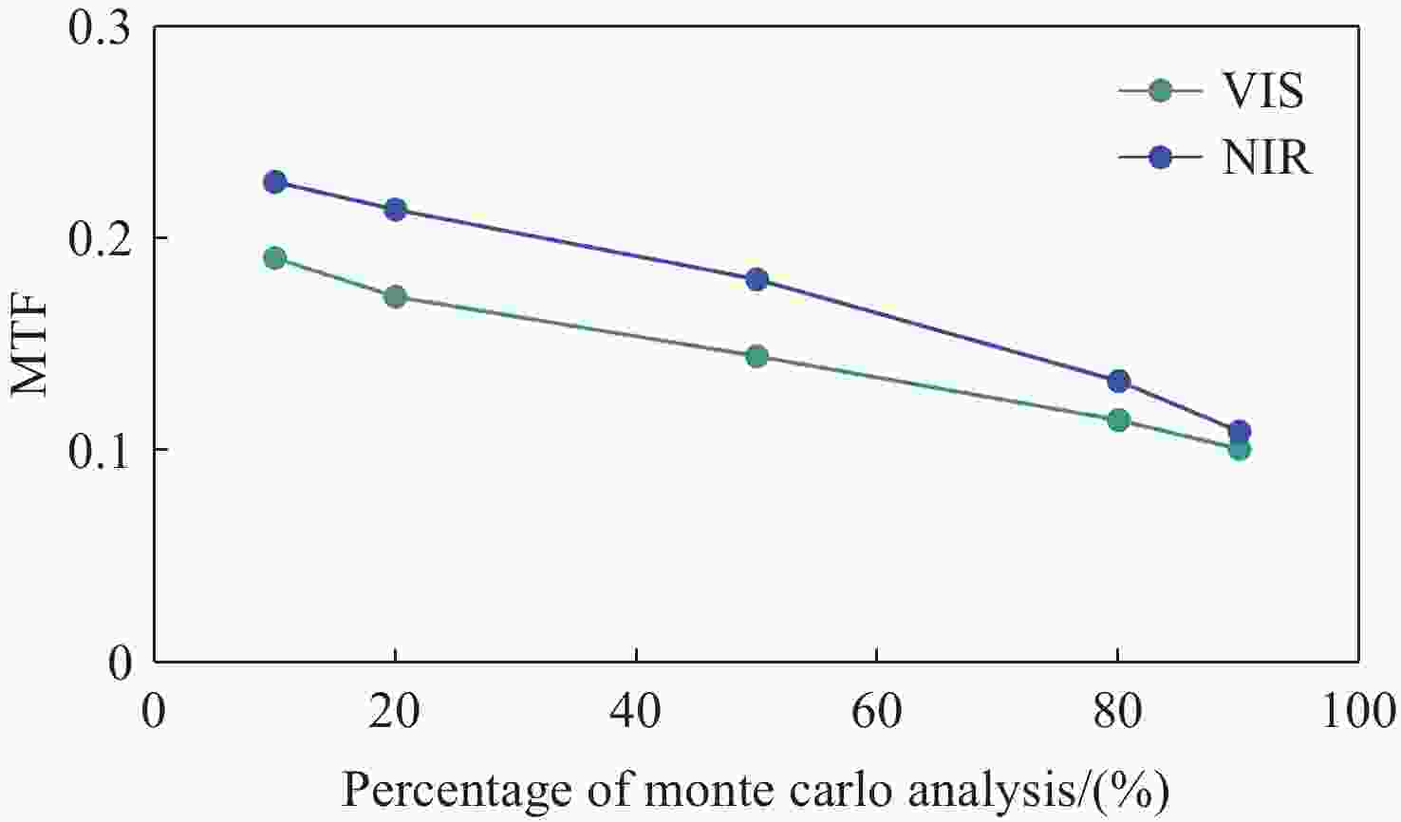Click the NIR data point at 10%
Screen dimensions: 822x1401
click(x=275, y=182)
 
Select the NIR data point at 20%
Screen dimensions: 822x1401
click(x=396, y=210)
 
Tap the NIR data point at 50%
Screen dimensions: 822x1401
click(x=757, y=280)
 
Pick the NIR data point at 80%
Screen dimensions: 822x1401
click(x=1119, y=382)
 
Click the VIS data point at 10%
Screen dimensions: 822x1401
click(x=275, y=258)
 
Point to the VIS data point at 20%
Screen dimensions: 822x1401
click(x=396, y=297)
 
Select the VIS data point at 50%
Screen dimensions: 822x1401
click(x=757, y=357)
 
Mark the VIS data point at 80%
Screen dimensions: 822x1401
click(x=1119, y=420)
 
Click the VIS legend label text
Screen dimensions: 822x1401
click(x=1263, y=92)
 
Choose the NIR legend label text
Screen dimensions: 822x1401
click(x=1266, y=158)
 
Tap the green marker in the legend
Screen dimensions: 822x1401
click(x=1160, y=92)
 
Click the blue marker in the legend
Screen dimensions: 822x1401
click(x=1160, y=158)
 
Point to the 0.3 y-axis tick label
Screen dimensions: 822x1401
click(x=100, y=28)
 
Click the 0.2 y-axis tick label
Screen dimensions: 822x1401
click(x=100, y=238)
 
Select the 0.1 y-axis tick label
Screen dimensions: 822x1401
click(x=100, y=449)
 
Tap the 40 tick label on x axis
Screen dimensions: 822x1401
click(x=635, y=711)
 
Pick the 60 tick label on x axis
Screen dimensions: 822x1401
click(x=876, y=711)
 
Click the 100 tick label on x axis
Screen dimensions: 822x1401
click(x=1358, y=711)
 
